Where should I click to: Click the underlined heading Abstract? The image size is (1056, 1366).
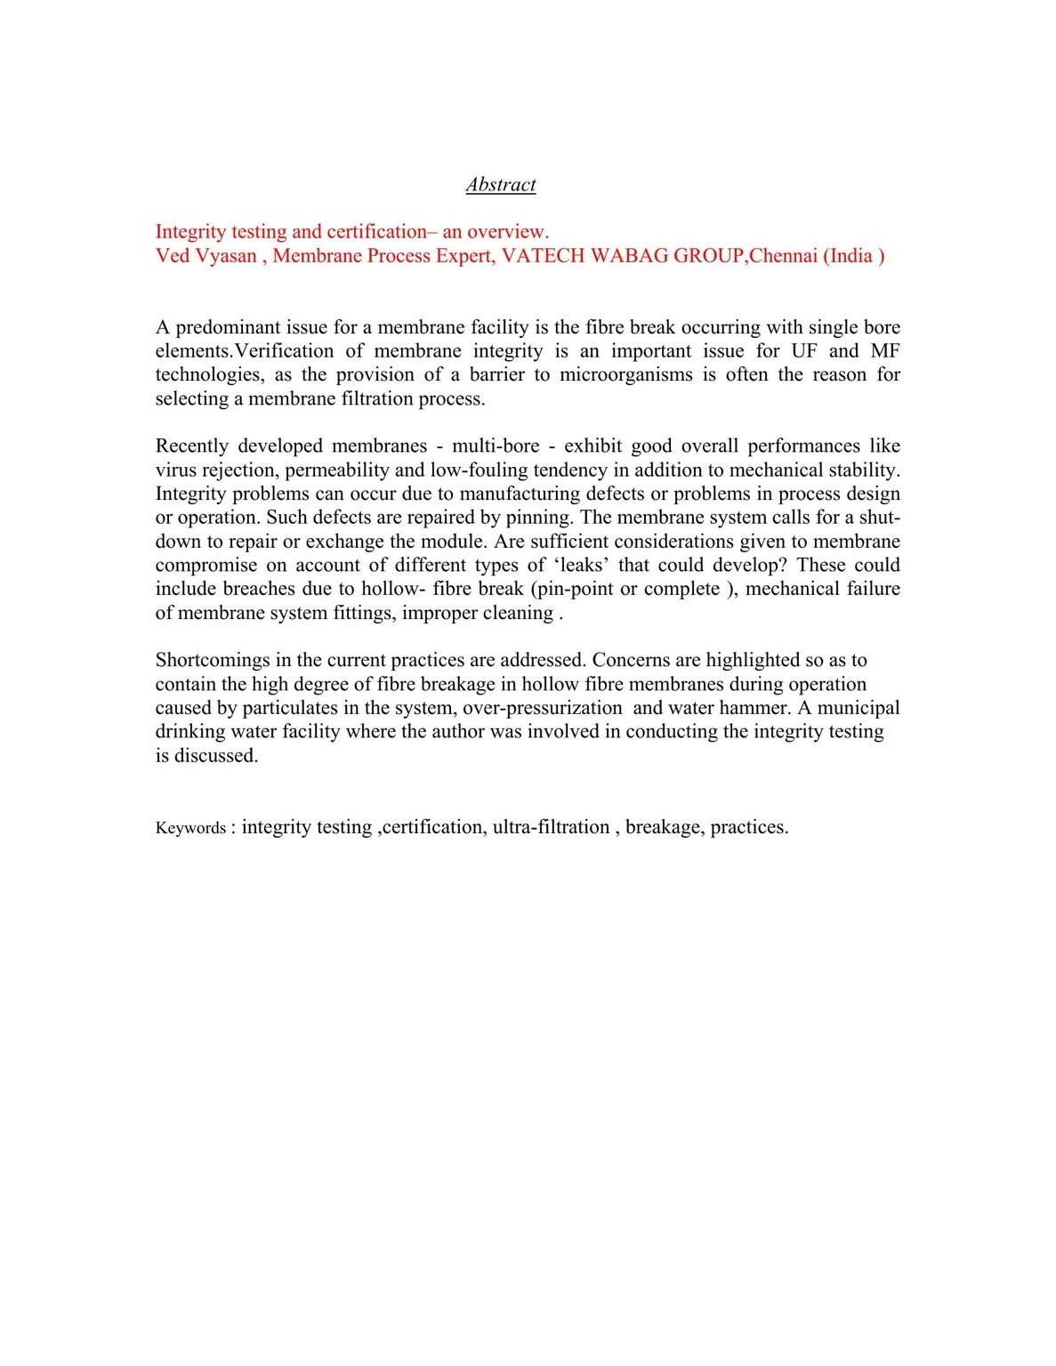(x=500, y=185)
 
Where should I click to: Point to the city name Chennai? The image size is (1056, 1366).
(x=784, y=256)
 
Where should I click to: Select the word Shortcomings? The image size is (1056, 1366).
(x=214, y=660)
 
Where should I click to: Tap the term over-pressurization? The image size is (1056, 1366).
(x=543, y=708)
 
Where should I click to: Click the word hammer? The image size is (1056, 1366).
(x=755, y=708)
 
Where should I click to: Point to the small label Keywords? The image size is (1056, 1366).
(x=190, y=828)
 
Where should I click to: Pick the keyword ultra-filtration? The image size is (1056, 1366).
(x=551, y=827)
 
